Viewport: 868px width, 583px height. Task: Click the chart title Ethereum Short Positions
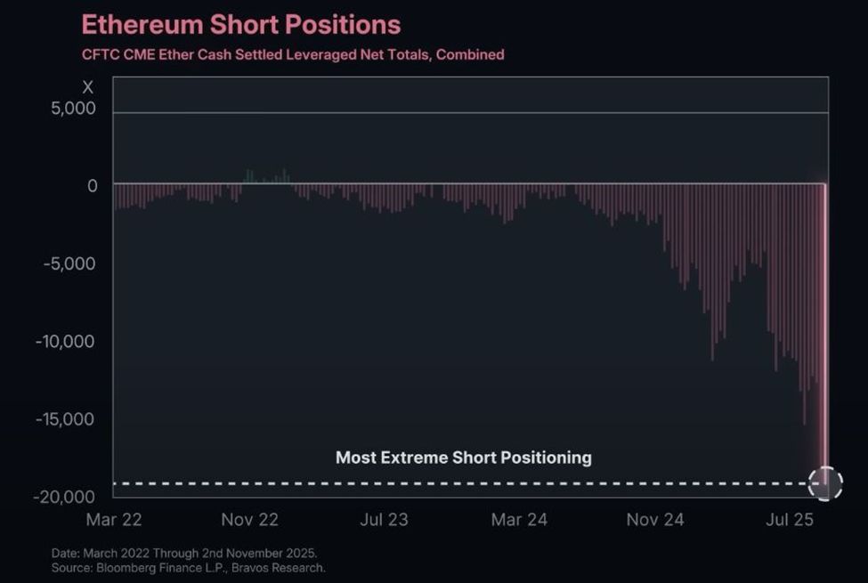coord(240,24)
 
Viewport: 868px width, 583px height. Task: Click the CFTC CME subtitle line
coord(293,54)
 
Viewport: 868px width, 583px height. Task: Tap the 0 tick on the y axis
coord(92,186)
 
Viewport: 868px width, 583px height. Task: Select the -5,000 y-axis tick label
coord(69,263)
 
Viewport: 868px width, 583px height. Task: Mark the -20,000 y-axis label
coord(65,496)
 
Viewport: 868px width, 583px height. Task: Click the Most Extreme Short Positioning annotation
coord(463,457)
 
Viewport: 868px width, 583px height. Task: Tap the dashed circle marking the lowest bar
coord(824,483)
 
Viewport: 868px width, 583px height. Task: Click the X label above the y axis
coord(87,87)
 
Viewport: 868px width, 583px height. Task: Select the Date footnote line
coord(183,553)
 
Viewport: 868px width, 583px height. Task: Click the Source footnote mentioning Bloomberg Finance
coord(188,567)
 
